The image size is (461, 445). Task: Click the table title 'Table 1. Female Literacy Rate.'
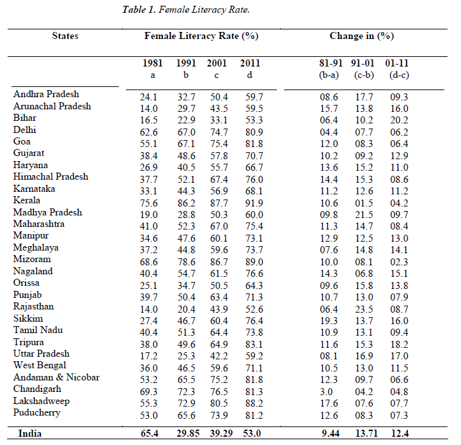(186, 10)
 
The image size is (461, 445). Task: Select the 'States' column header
(65, 36)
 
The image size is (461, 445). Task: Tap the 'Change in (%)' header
(362, 36)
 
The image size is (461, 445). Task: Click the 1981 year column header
(153, 63)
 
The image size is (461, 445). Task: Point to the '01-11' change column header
(397, 63)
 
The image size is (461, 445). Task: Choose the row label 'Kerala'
(27, 200)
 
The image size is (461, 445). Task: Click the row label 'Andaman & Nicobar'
(56, 377)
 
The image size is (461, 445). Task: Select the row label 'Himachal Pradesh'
(51, 176)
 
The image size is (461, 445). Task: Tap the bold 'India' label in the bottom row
(29, 433)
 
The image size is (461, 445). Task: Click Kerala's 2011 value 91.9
(254, 203)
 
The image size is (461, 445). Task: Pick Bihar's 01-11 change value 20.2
(399, 120)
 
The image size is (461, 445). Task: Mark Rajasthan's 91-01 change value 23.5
(364, 309)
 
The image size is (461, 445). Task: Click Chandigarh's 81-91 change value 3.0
(326, 392)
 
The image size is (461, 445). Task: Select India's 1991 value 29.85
(188, 433)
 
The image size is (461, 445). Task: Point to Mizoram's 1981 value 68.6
(149, 262)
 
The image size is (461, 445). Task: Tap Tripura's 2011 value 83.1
(254, 344)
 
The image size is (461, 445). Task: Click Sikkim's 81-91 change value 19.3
(329, 321)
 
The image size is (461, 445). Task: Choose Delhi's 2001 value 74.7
(219, 132)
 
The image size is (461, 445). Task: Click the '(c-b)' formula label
(364, 75)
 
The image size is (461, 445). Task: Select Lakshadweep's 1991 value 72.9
(187, 403)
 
